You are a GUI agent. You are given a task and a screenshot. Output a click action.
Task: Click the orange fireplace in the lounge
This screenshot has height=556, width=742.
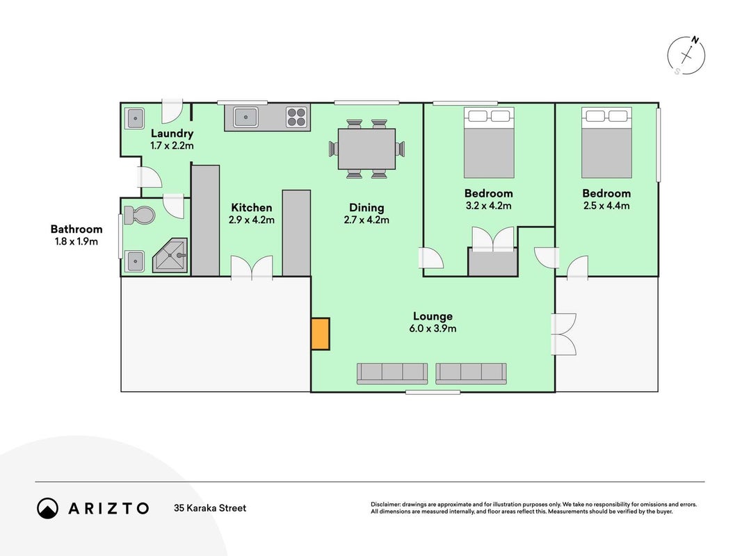[x=321, y=334]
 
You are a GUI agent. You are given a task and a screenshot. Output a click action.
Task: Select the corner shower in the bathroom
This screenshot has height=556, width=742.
[x=170, y=255]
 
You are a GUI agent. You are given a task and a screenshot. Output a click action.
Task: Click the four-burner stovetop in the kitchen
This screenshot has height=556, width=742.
[x=297, y=117]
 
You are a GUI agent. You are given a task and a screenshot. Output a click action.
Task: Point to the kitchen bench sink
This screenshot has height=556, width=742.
[x=246, y=117]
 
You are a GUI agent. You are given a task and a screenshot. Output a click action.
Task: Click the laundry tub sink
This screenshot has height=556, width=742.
[x=135, y=118]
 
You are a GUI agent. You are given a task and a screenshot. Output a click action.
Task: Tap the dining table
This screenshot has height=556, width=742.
[x=366, y=149]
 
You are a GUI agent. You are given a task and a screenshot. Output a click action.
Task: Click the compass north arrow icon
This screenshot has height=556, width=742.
[x=686, y=56]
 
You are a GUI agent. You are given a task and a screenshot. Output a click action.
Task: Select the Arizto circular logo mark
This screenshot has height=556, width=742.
[x=47, y=508]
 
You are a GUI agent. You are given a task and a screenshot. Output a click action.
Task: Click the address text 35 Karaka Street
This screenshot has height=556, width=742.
[x=210, y=508]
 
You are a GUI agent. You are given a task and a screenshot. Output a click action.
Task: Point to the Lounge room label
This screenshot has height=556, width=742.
[x=433, y=316]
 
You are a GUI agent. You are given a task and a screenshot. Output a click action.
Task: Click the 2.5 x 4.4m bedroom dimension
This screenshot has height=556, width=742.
[x=606, y=206]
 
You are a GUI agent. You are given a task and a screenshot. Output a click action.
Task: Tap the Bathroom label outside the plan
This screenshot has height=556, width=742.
[x=76, y=229]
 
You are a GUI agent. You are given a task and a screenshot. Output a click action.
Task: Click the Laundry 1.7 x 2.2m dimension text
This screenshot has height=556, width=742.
[x=172, y=146]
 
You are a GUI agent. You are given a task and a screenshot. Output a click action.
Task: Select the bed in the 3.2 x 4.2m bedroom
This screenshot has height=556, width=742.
[x=489, y=142]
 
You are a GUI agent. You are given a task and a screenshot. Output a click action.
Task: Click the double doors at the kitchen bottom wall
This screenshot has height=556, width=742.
[x=252, y=268]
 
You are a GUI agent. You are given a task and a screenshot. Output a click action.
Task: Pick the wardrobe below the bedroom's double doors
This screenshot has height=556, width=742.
[x=492, y=261]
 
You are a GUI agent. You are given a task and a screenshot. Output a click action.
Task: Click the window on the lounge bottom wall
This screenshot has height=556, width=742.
[x=433, y=392]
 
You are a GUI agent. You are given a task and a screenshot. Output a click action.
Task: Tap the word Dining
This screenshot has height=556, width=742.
[x=366, y=208]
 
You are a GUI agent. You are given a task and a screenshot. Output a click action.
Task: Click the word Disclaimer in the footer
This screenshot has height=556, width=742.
[x=385, y=505]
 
